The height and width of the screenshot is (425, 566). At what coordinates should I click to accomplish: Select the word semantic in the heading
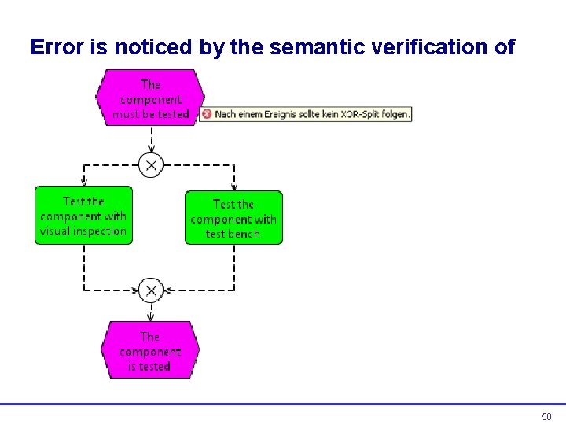[307, 48]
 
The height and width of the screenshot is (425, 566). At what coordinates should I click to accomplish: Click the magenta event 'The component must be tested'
[149, 99]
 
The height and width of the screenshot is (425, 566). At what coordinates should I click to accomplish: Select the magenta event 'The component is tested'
[149, 351]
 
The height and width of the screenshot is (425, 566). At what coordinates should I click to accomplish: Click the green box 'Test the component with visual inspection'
[83, 216]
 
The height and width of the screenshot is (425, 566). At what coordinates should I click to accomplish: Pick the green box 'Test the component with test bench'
[233, 219]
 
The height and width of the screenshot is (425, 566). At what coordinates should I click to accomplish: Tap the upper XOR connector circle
[150, 164]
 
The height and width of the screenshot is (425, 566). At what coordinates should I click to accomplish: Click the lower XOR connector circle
[150, 290]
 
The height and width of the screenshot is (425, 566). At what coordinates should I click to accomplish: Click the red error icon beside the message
[206, 114]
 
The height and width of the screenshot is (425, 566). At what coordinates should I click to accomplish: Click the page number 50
[547, 416]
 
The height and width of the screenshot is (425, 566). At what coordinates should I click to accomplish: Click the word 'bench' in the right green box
[244, 234]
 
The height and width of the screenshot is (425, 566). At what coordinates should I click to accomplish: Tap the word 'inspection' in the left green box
[99, 231]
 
